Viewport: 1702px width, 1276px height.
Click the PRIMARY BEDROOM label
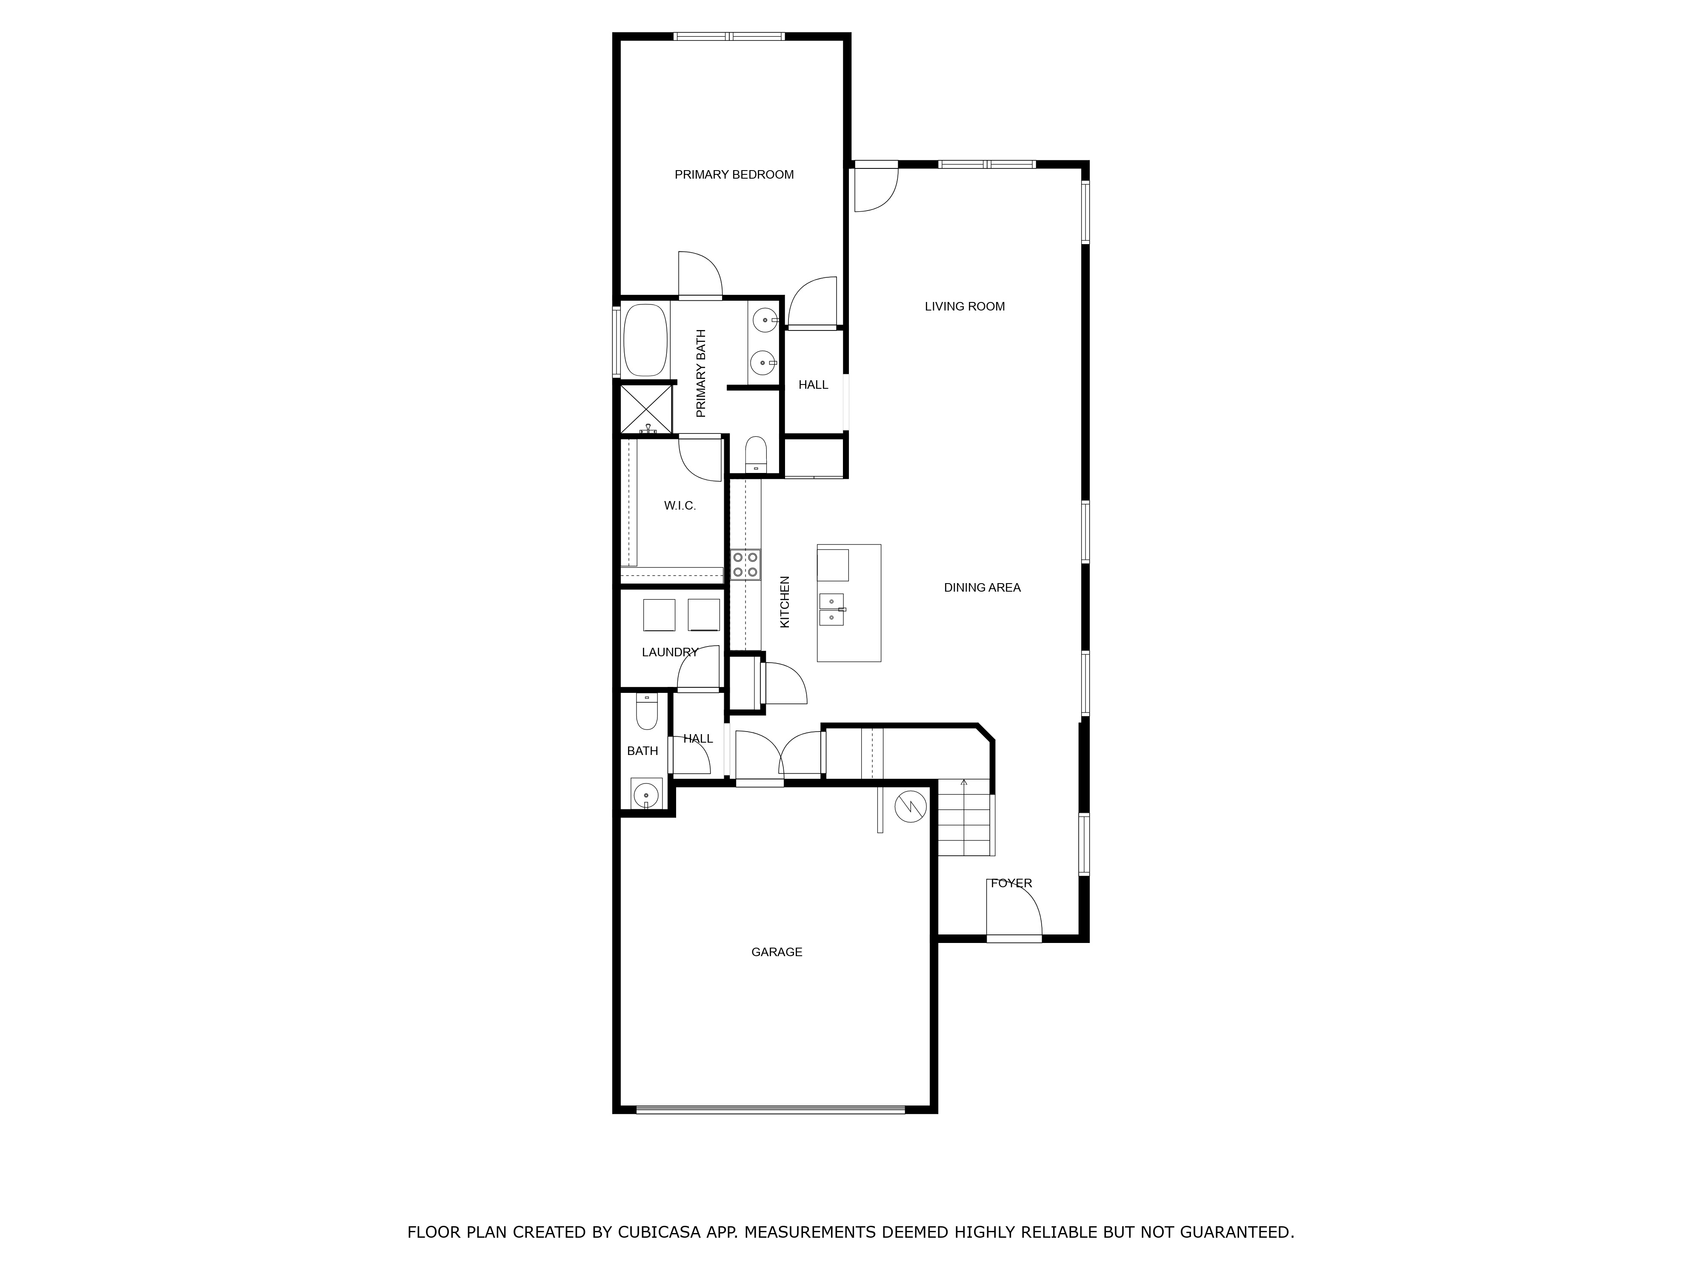(734, 174)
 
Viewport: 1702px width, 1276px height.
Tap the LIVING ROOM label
(964, 306)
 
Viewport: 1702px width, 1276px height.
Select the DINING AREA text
(982, 588)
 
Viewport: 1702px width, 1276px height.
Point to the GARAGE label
(777, 952)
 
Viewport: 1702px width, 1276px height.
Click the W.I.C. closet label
(680, 505)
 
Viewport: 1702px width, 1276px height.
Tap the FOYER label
(1011, 883)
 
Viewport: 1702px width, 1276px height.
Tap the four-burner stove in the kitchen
(745, 564)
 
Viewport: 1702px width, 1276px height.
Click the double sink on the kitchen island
(832, 609)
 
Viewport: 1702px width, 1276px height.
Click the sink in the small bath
(646, 794)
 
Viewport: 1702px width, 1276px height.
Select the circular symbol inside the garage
(911, 806)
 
